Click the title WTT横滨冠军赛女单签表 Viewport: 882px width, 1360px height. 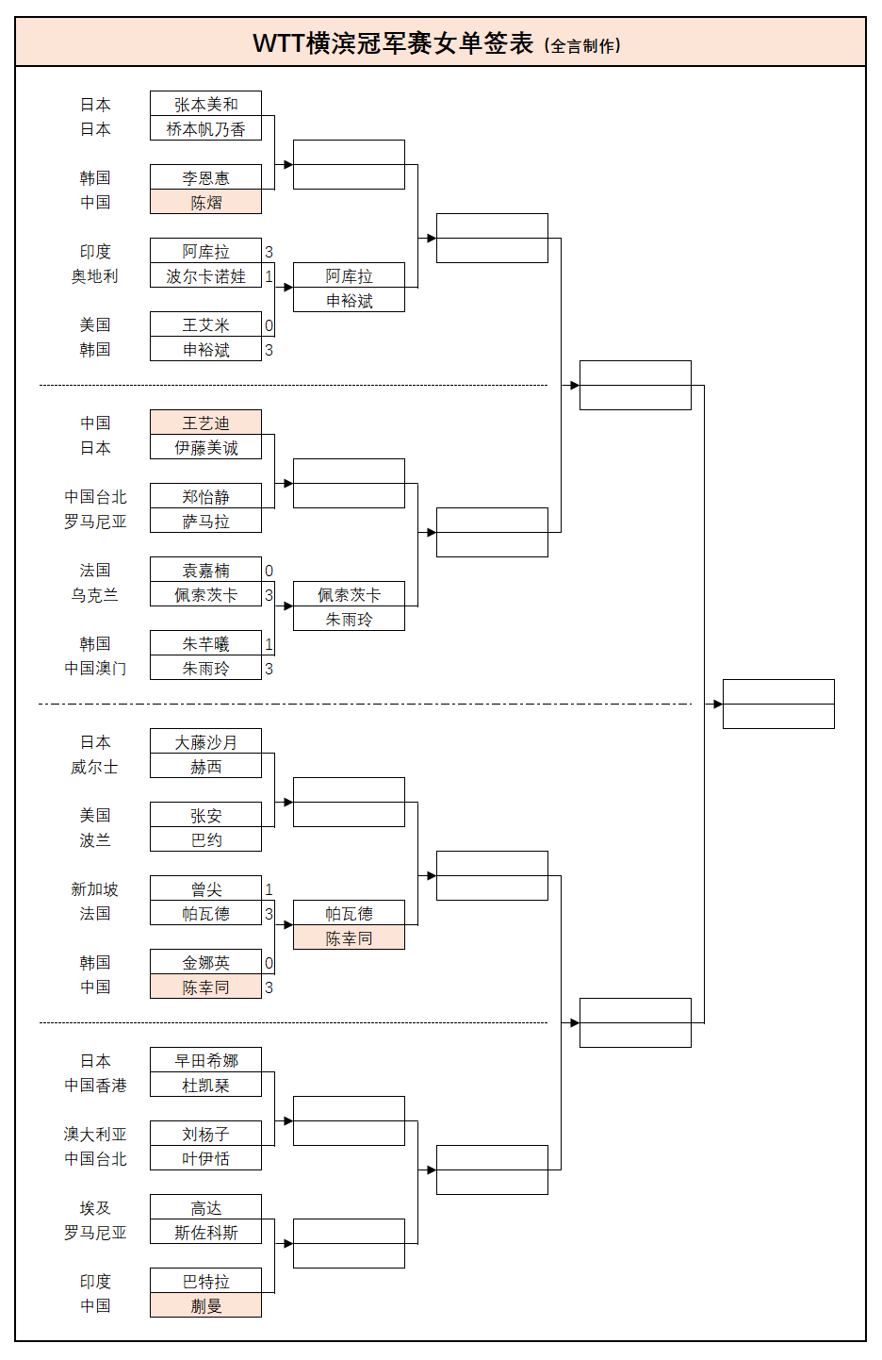click(393, 43)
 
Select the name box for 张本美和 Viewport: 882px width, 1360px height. click(205, 104)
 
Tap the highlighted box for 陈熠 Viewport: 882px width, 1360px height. click(205, 202)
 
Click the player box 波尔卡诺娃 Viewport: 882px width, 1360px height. click(205, 275)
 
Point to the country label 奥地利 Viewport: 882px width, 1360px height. click(94, 276)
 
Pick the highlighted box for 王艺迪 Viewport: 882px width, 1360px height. click(205, 422)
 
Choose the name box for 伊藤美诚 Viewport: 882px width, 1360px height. click(205, 447)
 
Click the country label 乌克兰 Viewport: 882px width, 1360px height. click(94, 595)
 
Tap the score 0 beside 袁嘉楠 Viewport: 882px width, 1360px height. click(269, 571)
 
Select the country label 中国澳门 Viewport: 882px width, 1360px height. click(95, 669)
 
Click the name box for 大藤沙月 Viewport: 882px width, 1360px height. click(205, 741)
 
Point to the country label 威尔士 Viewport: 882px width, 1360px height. click(94, 767)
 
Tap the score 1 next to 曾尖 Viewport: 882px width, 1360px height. click(269, 889)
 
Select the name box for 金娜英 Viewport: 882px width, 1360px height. click(205, 962)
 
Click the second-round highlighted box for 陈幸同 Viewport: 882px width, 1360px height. click(349, 937)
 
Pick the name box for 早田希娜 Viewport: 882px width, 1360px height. click(205, 1060)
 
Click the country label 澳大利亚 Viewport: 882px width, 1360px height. click(95, 1135)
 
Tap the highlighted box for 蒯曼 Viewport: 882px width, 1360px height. click(205, 1304)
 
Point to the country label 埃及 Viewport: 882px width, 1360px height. click(95, 1207)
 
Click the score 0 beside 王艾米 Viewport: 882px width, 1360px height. click(269, 325)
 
